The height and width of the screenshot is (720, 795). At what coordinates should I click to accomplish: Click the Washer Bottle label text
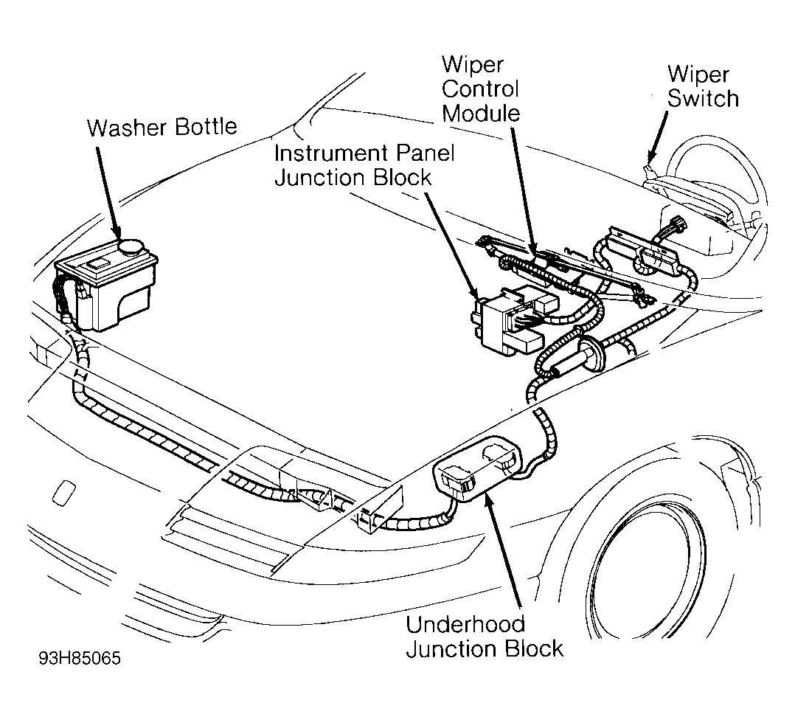pyautogui.click(x=162, y=128)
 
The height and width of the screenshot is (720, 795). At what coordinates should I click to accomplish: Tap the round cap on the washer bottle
pyautogui.click(x=131, y=247)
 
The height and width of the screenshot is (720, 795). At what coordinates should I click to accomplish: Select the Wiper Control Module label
pyautogui.click(x=481, y=89)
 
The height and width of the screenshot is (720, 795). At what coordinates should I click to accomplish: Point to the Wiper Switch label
pyautogui.click(x=703, y=86)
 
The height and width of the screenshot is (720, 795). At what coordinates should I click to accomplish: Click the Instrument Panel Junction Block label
pyautogui.click(x=364, y=165)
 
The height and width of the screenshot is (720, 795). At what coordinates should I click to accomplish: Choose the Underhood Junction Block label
pyautogui.click(x=485, y=637)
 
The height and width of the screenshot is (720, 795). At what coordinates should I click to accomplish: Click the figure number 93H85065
pyautogui.click(x=80, y=658)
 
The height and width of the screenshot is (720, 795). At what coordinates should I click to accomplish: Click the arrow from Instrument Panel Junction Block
pyautogui.click(x=452, y=246)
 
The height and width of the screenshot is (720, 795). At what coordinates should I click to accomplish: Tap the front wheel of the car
pyautogui.click(x=647, y=562)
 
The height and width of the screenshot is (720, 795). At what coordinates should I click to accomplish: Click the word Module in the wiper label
pyautogui.click(x=481, y=113)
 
